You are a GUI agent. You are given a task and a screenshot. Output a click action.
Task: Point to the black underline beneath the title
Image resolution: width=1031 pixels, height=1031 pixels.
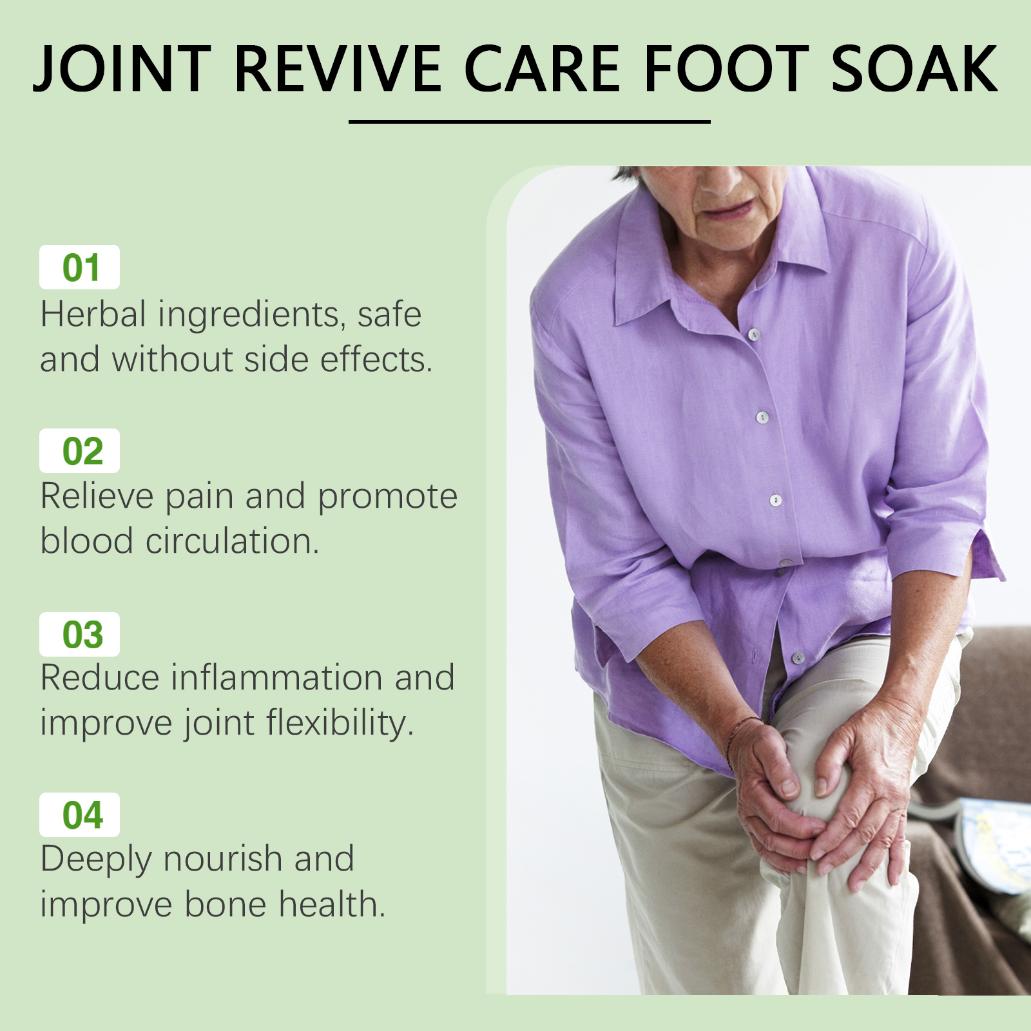pos(530,121)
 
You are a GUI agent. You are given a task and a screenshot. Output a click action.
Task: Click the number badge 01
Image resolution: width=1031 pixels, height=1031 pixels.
pos(80,267)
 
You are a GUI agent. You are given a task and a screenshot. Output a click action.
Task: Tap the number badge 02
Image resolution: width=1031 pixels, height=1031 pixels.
pos(80,451)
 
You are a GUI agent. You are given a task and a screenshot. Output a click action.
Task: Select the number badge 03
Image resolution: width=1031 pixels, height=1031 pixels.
pos(80,635)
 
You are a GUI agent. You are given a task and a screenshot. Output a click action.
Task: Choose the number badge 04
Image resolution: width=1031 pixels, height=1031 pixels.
pos(80,815)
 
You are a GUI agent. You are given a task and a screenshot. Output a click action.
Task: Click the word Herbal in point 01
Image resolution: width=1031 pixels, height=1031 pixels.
pos(93,314)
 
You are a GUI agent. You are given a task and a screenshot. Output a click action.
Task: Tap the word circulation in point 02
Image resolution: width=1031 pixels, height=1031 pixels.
pos(233,541)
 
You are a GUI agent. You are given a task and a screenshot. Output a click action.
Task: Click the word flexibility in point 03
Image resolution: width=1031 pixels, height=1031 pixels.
pos(340,724)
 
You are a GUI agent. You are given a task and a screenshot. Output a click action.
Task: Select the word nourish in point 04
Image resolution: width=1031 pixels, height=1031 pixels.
pos(222,860)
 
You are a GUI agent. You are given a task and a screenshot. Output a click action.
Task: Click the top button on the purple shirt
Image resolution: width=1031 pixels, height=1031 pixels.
pos(754,334)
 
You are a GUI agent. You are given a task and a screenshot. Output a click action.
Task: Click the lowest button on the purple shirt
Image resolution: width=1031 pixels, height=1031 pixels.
pos(798,658)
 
